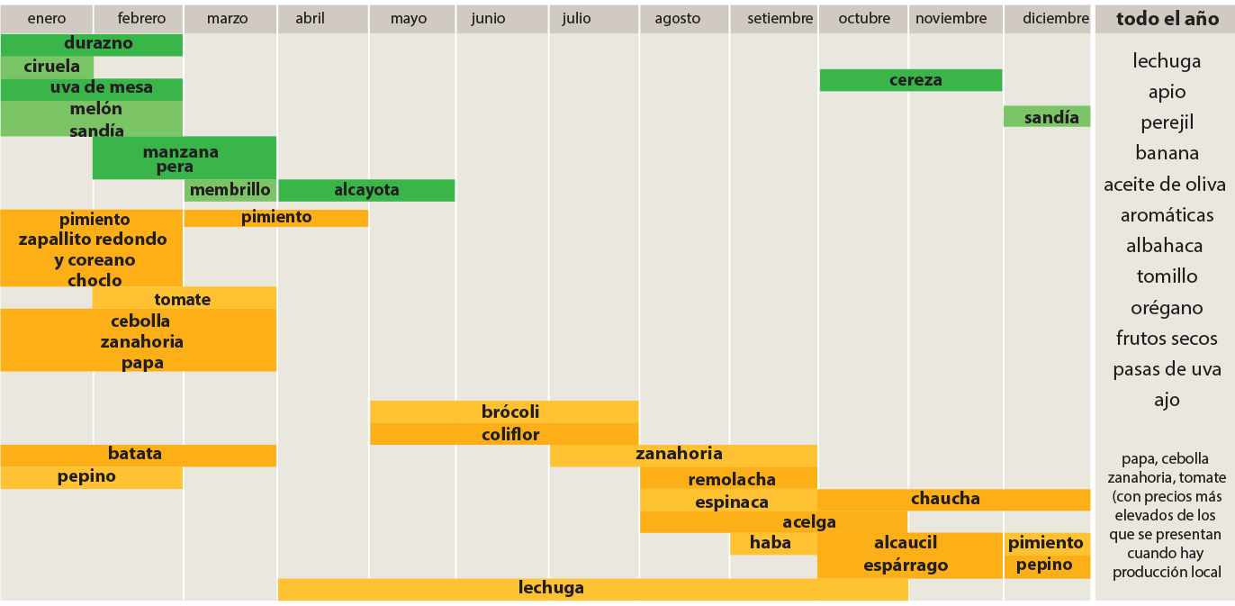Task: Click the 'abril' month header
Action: (x=310, y=18)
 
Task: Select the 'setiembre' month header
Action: (x=780, y=18)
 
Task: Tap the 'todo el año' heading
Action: (x=1165, y=19)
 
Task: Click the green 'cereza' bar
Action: (x=911, y=80)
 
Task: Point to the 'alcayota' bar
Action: (x=366, y=190)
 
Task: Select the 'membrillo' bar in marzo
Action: (x=230, y=190)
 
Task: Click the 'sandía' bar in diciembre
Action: (x=1047, y=117)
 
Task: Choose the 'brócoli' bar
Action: (x=504, y=412)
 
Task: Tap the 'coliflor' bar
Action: (x=504, y=434)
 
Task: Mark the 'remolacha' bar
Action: (x=728, y=479)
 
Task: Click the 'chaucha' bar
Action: (x=953, y=499)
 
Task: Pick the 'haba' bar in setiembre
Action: (x=771, y=542)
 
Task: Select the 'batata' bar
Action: (x=138, y=454)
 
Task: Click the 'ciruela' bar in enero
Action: (x=47, y=67)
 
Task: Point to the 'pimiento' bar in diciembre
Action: (x=1046, y=543)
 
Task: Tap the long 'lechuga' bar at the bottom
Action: (x=591, y=589)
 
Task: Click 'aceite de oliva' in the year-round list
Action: (x=1165, y=185)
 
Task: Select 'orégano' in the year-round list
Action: (x=1167, y=308)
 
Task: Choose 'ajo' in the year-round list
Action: (x=1167, y=400)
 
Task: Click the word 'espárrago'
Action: (x=906, y=565)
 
